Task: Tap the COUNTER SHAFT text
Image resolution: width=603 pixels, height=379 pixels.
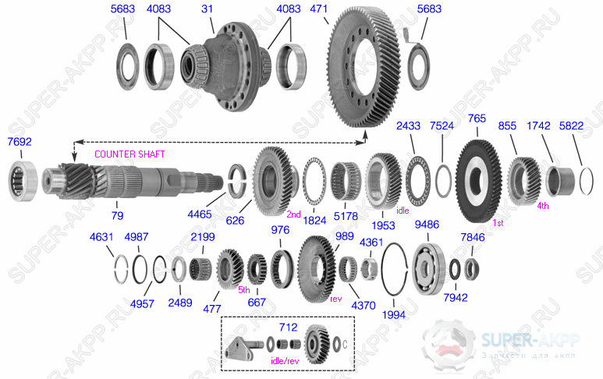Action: [x=129, y=154]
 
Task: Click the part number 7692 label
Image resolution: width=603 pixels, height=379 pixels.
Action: [x=20, y=142]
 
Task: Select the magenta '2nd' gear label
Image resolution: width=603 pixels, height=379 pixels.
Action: [x=293, y=214]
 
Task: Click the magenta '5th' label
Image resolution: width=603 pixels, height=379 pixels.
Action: [x=244, y=289]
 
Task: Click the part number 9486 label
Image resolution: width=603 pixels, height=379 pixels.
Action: [x=427, y=225]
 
